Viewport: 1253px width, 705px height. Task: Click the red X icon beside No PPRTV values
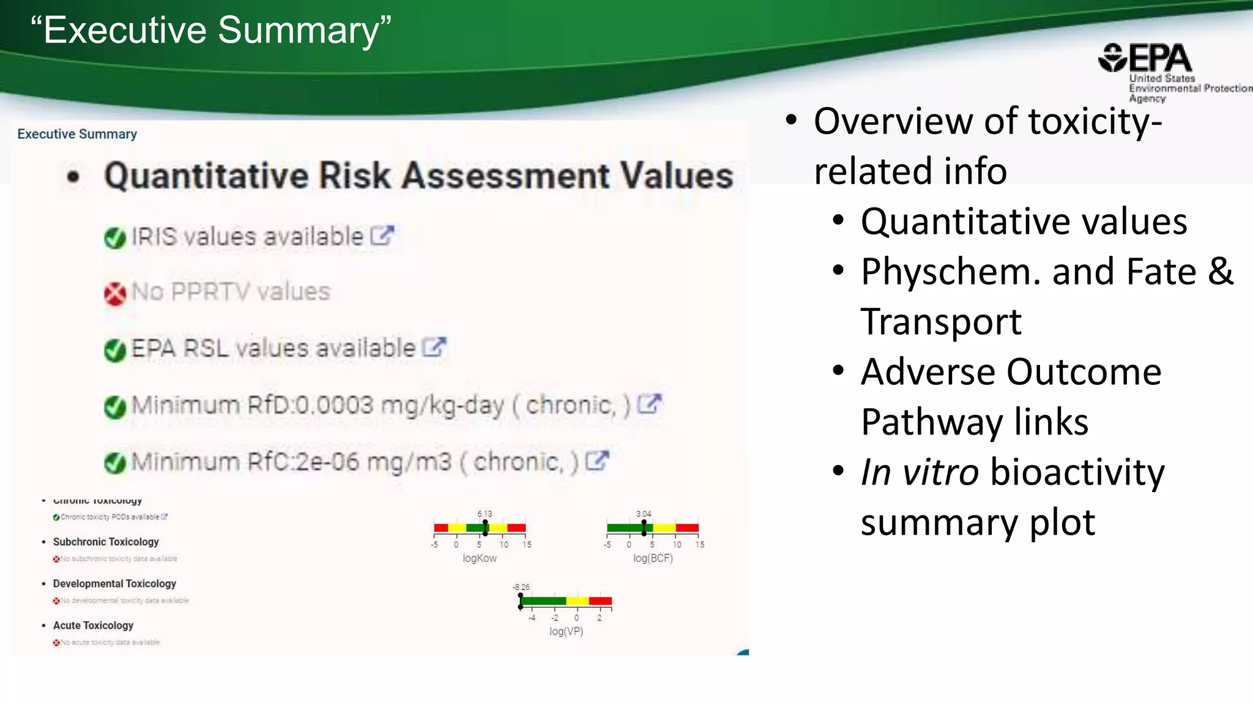115,294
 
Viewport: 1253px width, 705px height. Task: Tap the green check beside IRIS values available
115,237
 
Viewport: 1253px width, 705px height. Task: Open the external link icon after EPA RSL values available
434,348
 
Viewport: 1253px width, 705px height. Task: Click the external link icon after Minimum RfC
597,461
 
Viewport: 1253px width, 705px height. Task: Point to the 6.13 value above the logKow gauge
485,513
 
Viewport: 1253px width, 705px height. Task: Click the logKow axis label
480,558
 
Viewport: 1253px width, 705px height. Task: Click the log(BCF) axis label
653,558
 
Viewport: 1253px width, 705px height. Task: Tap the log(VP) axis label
566,631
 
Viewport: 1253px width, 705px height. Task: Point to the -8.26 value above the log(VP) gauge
521,587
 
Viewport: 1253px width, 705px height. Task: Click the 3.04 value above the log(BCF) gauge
644,513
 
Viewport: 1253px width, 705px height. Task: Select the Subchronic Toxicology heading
106,542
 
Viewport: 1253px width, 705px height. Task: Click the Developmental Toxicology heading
114,583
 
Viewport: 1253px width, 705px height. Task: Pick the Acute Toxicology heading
93,625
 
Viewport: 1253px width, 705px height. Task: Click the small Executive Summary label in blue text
77,134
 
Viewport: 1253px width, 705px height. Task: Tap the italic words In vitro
920,472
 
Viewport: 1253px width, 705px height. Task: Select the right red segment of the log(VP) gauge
600,601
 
